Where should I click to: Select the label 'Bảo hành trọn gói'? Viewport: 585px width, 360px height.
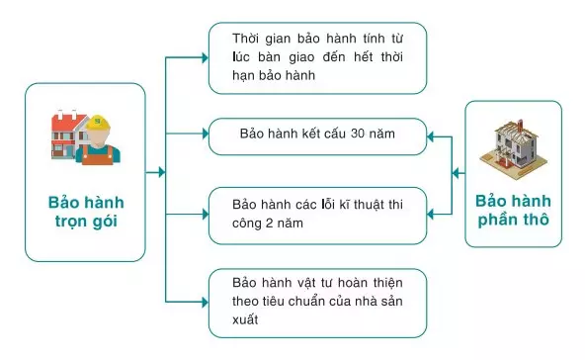pyautogui.click(x=86, y=211)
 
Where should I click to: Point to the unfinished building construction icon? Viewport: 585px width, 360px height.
pyautogui.click(x=512, y=144)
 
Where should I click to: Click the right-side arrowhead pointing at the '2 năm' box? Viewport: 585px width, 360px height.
pyautogui.click(x=431, y=211)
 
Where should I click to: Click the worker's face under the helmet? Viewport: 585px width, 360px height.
pyautogui.click(x=98, y=139)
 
